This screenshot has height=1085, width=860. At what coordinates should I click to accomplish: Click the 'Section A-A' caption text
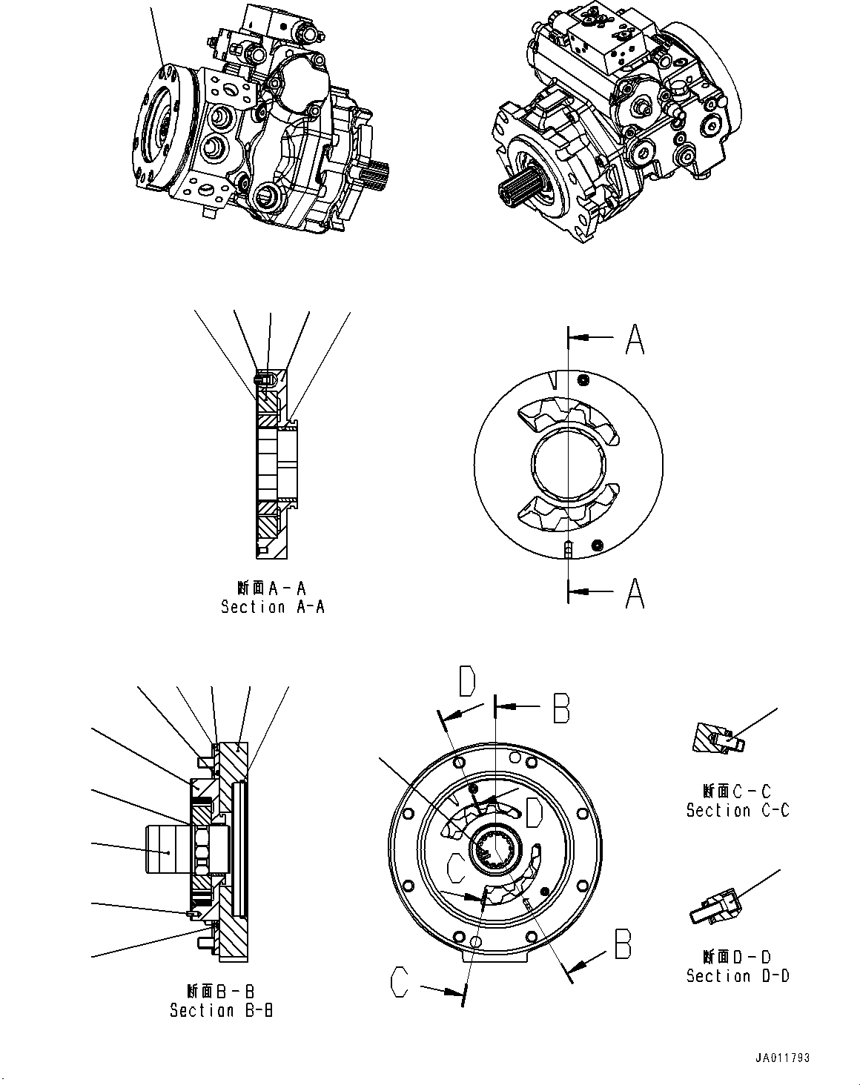[273, 607]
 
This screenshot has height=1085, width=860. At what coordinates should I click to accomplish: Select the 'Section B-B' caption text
[221, 1010]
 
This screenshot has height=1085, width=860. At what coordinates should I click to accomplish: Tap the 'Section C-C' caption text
[738, 811]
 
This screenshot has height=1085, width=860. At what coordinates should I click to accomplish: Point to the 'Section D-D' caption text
[738, 976]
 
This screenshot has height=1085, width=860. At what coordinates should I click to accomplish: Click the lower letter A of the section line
[635, 592]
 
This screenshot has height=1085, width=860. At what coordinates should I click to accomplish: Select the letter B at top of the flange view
[561, 708]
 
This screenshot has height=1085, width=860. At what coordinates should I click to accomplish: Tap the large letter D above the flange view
[466, 681]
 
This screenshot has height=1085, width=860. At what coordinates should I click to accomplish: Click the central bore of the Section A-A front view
[569, 465]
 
